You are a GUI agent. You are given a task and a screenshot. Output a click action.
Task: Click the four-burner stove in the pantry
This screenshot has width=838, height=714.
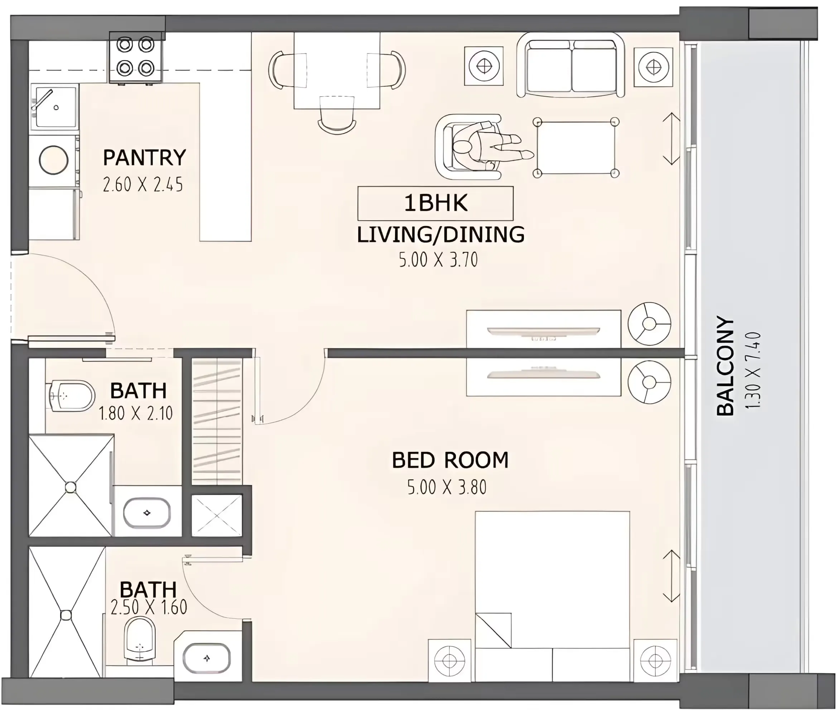[x=136, y=57]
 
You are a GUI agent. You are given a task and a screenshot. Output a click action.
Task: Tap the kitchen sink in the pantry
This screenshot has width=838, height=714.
[x=54, y=107]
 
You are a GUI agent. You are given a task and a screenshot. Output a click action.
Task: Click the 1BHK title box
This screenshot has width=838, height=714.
[x=435, y=203]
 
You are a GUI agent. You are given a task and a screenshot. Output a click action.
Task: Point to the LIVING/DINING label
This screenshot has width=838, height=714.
[x=440, y=235]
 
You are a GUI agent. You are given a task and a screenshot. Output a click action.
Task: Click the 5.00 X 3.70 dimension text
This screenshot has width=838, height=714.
[x=438, y=260]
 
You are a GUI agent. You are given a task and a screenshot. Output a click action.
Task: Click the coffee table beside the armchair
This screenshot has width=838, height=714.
[x=576, y=147]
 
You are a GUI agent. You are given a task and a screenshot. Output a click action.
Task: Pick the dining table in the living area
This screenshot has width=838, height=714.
[x=337, y=71]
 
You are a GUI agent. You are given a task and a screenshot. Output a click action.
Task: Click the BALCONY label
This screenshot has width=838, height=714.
[x=725, y=366]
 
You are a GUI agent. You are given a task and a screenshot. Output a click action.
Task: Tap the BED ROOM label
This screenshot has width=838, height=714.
[x=450, y=460]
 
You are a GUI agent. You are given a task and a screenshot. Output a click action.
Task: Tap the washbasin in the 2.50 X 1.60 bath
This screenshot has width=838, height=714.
[x=207, y=658]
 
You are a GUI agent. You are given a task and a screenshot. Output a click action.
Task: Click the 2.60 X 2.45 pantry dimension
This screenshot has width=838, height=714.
[x=143, y=185]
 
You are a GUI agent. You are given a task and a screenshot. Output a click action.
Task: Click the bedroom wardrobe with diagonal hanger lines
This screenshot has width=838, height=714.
[x=217, y=421]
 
